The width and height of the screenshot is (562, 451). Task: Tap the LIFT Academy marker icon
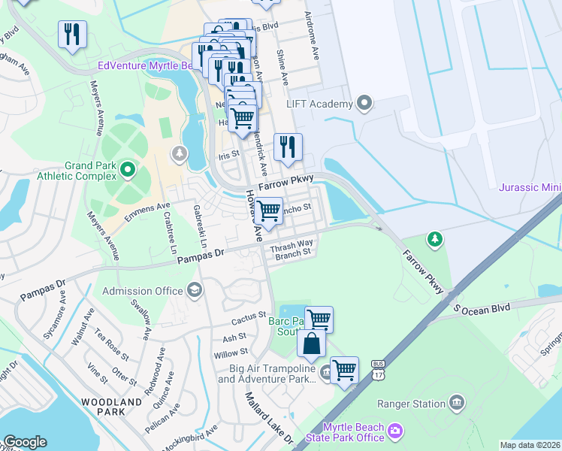point(365,103)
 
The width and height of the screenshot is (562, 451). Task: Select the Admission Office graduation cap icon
point(195,291)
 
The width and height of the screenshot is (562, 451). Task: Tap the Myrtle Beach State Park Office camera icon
point(395,432)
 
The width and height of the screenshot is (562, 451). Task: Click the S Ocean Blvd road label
point(481,308)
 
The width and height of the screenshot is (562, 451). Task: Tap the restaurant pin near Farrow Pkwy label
point(288,147)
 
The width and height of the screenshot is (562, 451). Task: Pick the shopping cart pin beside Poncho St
point(268,211)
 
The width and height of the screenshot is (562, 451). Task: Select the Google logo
point(25,442)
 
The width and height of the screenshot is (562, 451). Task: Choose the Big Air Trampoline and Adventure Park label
point(265,374)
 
